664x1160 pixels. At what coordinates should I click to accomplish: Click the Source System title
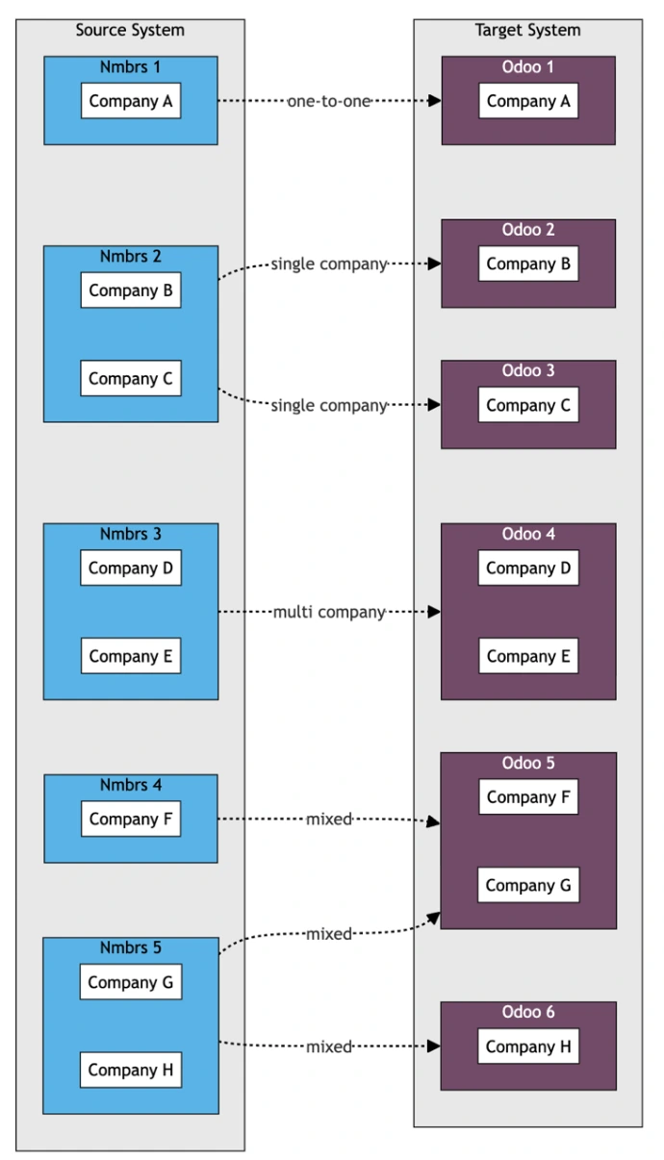pos(130,30)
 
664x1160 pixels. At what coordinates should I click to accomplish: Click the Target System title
pos(527,30)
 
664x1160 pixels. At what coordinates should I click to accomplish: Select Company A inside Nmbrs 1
pos(130,101)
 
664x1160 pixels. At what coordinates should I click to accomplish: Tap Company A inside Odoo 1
pos(528,101)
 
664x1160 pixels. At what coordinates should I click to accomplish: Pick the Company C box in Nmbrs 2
pos(130,379)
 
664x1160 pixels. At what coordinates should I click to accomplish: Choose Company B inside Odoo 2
pos(528,264)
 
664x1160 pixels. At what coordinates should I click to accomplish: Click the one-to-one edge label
pos(328,101)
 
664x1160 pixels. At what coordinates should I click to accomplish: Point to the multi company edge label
pos(329,612)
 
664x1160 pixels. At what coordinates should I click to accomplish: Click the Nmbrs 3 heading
pos(130,534)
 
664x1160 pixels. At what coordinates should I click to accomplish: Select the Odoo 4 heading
pos(528,534)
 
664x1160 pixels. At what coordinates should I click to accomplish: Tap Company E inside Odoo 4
pos(528,657)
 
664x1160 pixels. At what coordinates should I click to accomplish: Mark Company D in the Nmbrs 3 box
pos(130,568)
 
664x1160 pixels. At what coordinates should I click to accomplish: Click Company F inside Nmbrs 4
pos(130,820)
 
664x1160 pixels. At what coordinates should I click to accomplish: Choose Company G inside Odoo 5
pos(528,886)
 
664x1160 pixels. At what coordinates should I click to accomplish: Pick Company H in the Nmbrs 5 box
pos(130,1070)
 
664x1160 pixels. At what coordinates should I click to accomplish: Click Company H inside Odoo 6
pos(528,1047)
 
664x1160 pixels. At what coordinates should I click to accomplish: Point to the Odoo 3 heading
pos(528,370)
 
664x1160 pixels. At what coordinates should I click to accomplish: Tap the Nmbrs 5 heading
pos(130,948)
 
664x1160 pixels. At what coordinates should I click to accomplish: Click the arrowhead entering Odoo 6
pos(435,1047)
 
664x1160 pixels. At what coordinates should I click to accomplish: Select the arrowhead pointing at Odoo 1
pos(435,101)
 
